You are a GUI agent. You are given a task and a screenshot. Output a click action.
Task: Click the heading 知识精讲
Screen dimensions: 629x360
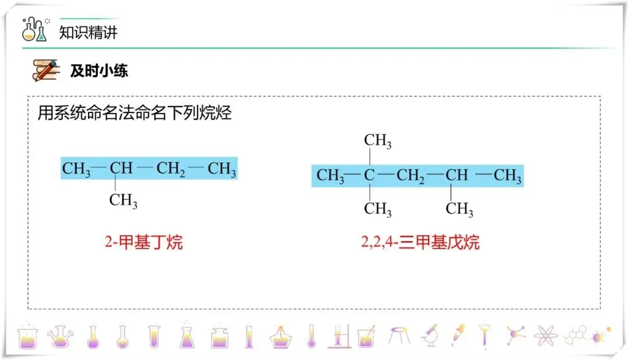coord(88,31)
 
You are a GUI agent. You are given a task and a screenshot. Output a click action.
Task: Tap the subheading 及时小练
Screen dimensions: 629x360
coord(99,71)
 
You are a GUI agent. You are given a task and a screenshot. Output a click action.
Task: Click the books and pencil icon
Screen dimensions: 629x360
coord(46,70)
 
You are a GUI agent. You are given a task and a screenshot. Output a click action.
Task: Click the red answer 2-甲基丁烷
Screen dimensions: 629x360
coord(144,242)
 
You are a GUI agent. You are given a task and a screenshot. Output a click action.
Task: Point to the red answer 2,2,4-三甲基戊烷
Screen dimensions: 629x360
coord(420,242)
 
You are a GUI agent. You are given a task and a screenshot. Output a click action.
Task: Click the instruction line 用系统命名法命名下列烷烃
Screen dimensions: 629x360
coord(135,112)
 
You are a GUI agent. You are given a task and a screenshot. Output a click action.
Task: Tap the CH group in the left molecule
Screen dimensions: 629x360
coord(121,169)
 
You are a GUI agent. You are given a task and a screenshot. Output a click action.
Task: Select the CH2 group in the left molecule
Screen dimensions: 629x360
coord(171,170)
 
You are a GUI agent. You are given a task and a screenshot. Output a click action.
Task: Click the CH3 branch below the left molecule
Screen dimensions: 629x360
coord(123,201)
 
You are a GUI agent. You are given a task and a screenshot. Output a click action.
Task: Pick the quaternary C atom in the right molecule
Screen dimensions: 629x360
coord(369,175)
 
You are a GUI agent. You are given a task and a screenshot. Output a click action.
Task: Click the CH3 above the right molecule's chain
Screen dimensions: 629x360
coord(377,141)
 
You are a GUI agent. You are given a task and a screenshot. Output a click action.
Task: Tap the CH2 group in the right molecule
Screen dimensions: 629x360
coord(411,175)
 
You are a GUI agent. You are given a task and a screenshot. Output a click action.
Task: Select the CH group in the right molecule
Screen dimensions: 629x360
coord(457,175)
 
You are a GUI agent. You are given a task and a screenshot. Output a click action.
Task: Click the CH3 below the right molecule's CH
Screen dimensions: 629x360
coord(460,209)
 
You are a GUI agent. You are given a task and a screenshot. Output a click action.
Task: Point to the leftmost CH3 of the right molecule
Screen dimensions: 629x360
coord(330,175)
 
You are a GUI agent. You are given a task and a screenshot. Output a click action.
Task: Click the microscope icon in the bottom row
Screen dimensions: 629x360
coord(430,336)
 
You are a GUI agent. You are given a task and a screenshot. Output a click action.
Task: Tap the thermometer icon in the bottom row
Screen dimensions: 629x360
coord(311,336)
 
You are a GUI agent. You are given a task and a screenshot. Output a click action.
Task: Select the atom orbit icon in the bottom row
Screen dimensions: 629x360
coord(545,336)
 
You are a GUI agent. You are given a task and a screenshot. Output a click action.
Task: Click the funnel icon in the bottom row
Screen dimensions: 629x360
coord(484,336)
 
